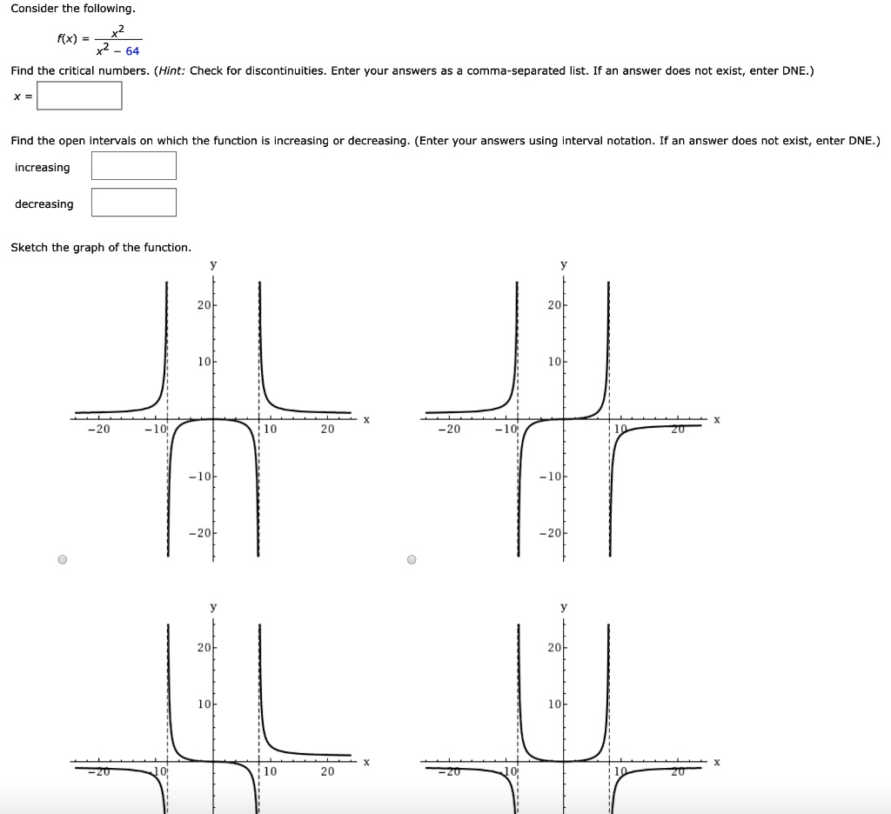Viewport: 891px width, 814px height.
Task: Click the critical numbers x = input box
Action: click(79, 96)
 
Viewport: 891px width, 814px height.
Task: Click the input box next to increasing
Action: click(134, 165)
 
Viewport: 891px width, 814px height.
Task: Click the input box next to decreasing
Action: click(134, 203)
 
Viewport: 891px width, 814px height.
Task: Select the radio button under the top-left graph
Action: click(62, 559)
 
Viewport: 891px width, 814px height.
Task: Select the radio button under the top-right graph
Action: click(412, 559)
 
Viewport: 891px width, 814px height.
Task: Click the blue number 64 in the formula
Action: click(132, 51)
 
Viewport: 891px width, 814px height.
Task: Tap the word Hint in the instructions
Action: click(171, 70)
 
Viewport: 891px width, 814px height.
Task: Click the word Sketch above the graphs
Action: click(30, 248)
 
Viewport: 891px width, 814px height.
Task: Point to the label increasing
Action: click(43, 167)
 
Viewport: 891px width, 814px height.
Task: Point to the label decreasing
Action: click(44, 204)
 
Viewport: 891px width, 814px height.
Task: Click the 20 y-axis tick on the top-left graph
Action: click(203, 305)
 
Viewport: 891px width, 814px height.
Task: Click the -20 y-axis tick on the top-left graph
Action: click(200, 532)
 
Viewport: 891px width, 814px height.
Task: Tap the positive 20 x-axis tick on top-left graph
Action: click(327, 429)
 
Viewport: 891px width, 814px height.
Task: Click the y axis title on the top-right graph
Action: click(563, 264)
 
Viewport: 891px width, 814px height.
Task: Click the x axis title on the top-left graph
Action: click(366, 420)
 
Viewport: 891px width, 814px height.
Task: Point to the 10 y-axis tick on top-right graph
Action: click(553, 362)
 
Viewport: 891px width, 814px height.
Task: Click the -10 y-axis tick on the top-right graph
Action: click(550, 476)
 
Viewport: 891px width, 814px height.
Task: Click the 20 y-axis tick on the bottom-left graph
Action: click(203, 647)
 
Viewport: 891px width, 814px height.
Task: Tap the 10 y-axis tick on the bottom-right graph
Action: click(553, 703)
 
